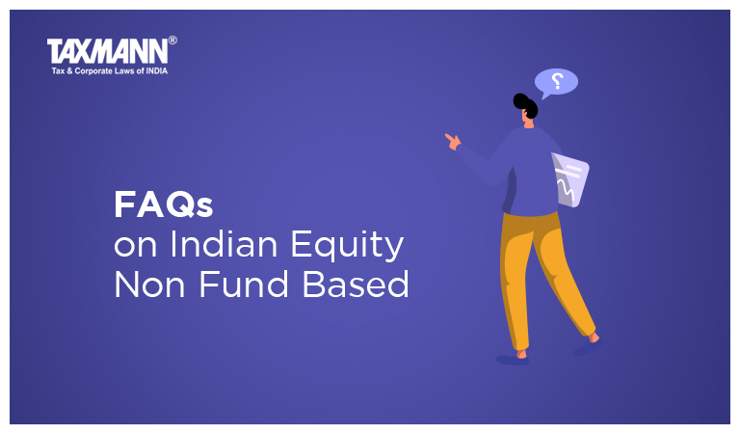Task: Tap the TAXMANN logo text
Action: (106, 50)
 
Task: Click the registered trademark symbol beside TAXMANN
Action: (172, 41)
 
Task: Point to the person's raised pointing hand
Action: (452, 141)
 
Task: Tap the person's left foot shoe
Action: (512, 359)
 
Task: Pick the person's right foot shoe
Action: (587, 346)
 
